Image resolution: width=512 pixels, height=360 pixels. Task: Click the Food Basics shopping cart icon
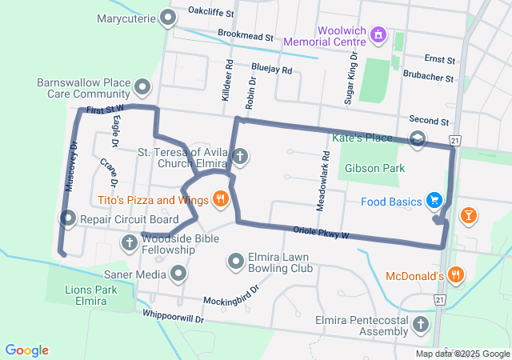pos(434,200)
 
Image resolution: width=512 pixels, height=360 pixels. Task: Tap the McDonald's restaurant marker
pos(455,275)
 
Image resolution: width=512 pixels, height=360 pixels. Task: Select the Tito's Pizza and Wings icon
pos(218,199)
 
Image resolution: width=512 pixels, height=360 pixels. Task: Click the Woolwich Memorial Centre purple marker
pos(380,35)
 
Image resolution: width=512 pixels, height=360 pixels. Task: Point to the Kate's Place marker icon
pos(417,139)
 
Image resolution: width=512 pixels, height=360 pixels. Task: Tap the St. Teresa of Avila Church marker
pos(239,156)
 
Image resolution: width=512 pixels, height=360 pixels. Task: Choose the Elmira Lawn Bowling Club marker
pos(236,261)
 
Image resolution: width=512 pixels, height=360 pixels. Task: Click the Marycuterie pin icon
pos(167,17)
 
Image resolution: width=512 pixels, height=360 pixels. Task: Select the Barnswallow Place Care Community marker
pos(142,86)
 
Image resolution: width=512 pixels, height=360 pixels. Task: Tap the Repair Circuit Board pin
pos(68,218)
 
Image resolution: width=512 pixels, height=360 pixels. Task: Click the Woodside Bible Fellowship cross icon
pos(130,242)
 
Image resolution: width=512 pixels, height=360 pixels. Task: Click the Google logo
pos(27,350)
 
